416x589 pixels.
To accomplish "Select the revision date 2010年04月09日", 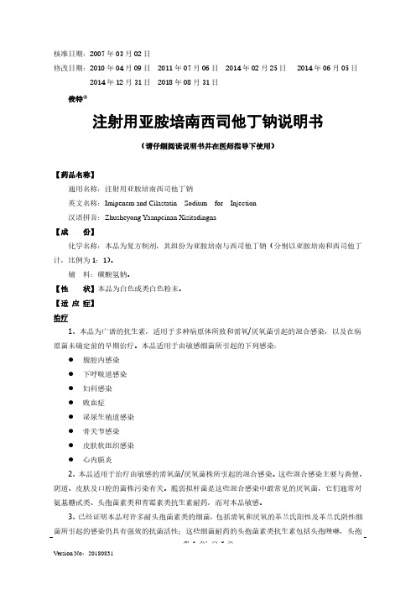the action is [x=119, y=66].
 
